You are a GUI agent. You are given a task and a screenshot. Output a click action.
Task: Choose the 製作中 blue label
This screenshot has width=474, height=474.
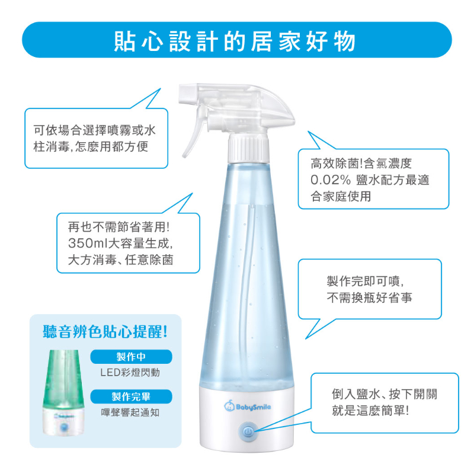click(132, 357)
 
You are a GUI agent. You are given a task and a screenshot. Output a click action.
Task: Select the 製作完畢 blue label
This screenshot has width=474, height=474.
click(132, 396)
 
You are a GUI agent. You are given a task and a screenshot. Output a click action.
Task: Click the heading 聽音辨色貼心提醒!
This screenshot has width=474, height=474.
click(105, 331)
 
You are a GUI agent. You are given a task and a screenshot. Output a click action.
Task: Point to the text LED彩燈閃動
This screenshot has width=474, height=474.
click(130, 373)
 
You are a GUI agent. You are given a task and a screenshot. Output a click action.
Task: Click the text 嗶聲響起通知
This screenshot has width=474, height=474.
click(130, 412)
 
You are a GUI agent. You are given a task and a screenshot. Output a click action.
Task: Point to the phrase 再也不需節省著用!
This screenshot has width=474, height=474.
click(119, 227)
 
